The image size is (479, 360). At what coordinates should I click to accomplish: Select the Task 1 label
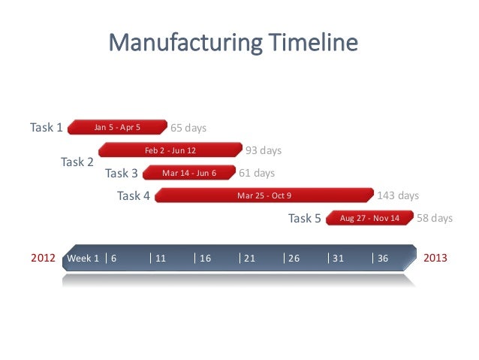click(x=46, y=127)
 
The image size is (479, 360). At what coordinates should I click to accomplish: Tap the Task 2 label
click(x=77, y=162)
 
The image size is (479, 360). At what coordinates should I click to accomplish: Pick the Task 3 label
click(x=122, y=173)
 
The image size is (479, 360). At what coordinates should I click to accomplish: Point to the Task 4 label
click(x=134, y=196)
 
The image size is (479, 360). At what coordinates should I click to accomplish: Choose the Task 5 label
click(x=305, y=219)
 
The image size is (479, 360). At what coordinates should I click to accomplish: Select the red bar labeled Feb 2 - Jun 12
click(x=170, y=150)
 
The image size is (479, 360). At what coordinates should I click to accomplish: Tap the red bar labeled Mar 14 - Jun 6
click(x=188, y=173)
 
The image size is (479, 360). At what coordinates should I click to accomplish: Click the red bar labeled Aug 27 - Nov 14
click(x=370, y=218)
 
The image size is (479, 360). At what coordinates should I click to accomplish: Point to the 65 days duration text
click(x=188, y=128)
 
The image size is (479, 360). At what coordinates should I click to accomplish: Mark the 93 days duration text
click(x=264, y=150)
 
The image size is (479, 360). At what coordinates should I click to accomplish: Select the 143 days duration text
click(x=398, y=195)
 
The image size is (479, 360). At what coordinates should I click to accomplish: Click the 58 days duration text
click(x=435, y=218)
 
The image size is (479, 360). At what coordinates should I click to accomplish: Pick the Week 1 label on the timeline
click(x=83, y=259)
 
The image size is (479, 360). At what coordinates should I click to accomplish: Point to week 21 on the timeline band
click(x=250, y=259)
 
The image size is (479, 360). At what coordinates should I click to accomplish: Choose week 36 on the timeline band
click(x=383, y=259)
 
